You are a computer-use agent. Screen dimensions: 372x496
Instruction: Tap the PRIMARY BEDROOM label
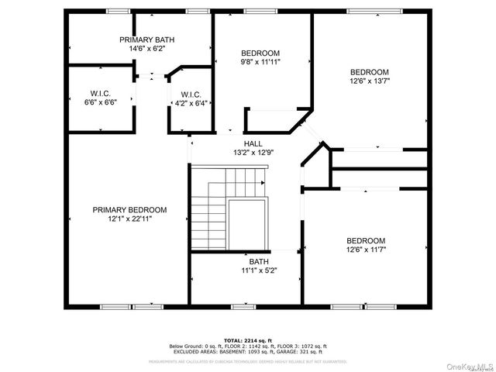pos(129,210)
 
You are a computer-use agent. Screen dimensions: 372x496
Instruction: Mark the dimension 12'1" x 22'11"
pos(129,219)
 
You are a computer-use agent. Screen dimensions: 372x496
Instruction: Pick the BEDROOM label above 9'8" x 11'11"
pos(260,53)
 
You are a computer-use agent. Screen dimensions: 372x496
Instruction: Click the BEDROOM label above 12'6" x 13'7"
pos(370,72)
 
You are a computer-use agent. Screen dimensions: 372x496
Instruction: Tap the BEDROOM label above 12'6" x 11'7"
pos(365,240)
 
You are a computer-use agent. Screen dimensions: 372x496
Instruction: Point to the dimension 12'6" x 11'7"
pos(365,250)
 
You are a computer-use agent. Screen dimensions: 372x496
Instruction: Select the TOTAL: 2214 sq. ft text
pos(247,340)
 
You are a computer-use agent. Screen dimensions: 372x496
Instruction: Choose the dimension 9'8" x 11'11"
pos(260,62)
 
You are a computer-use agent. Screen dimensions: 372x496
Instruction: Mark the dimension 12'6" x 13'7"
pos(370,81)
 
